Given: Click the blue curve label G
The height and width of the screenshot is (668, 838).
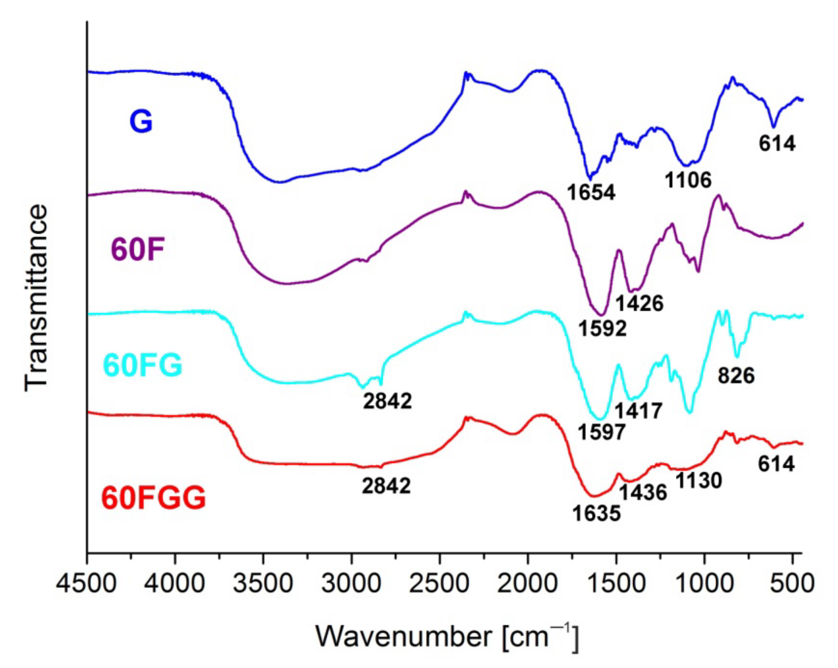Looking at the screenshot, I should pos(141,122).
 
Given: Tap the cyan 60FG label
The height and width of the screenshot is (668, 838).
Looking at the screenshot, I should pos(143,366).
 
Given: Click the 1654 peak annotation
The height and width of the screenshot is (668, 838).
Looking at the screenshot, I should pos(592,192).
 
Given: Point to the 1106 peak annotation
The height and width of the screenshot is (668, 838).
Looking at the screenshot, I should pos(688,179).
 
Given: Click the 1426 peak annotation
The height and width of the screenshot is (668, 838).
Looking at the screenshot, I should pos(639,303).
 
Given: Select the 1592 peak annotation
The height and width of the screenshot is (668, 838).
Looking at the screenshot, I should pos(602,328).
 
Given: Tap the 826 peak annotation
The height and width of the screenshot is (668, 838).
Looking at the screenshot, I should pos(736,375).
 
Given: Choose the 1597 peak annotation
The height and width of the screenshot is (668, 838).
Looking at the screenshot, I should pos(602,432).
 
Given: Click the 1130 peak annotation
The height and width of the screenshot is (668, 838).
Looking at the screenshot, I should pos(699,481).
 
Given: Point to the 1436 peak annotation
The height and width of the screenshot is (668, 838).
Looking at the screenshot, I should pos(643,493).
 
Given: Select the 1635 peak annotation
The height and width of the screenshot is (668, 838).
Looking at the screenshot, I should pos(596,513).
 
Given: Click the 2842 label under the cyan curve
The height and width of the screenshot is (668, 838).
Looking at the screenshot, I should pos(387,401).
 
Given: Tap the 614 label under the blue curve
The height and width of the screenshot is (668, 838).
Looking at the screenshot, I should pos(777,143).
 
